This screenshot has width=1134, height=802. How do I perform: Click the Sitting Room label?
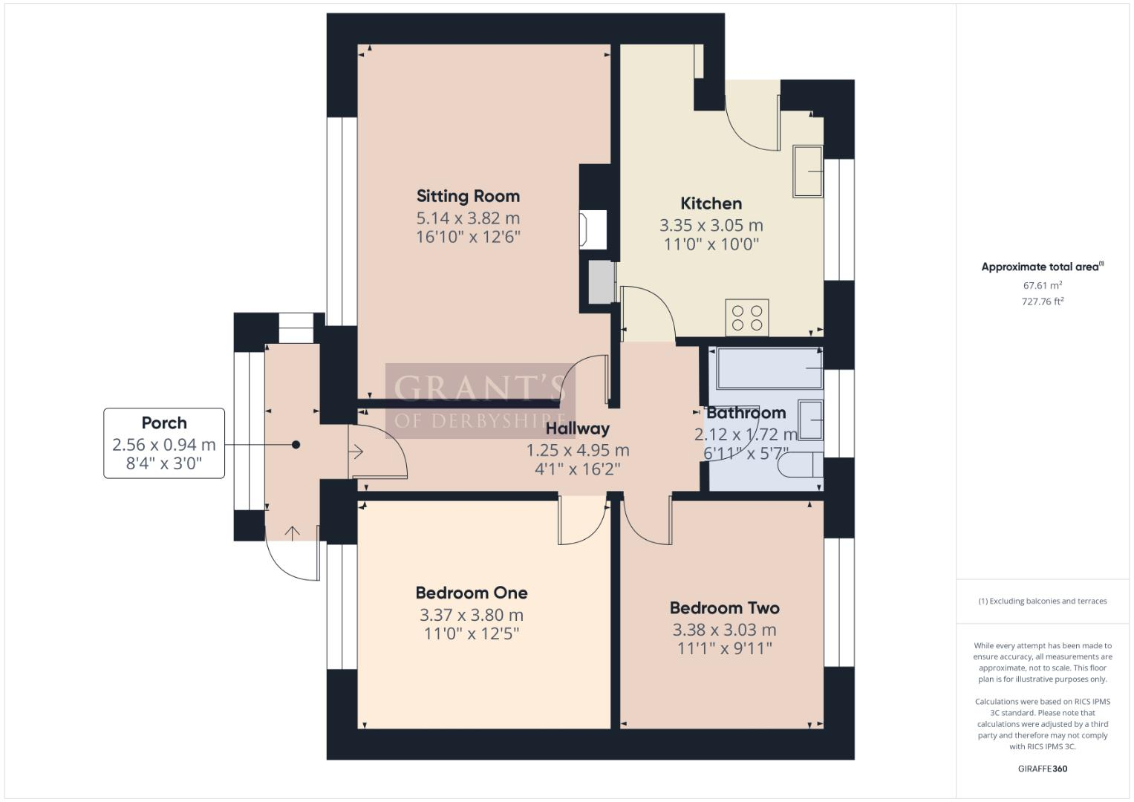pos(468,196)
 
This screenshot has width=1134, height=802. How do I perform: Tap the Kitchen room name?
pos(711,203)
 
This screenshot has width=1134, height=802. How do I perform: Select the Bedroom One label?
pos(471,593)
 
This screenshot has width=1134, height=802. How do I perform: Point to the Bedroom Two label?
pos(724,608)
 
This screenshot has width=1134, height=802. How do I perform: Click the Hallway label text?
pos(577,428)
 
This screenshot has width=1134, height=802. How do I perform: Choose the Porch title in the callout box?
pos(164,423)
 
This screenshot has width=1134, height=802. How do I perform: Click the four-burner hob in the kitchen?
pos(747,318)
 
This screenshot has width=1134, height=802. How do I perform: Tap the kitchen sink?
pos(808,172)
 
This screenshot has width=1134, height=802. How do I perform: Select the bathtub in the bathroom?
pos(769,368)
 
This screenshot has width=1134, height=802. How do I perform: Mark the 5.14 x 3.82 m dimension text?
pos(468,218)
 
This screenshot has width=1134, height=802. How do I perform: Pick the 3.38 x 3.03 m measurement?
pos(724,630)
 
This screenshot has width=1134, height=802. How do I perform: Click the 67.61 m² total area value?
pos(1042,285)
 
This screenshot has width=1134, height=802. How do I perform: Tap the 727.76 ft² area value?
pos(1042,301)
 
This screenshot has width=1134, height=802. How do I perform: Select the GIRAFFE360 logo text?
pos(1042,769)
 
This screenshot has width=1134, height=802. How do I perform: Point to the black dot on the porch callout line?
pos(296,445)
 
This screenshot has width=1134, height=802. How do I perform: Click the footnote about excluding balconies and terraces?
pos(1042,601)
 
